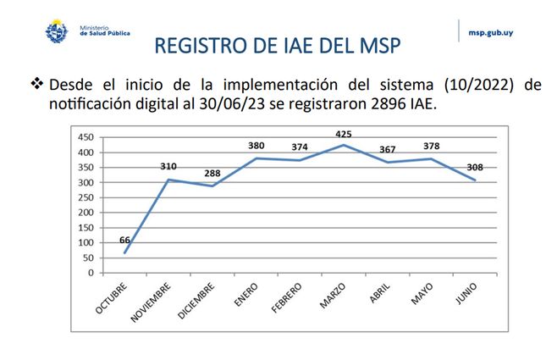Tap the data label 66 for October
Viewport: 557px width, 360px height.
tap(124, 241)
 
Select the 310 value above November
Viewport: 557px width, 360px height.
tap(169, 167)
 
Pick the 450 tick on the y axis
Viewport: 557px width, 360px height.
tap(84, 137)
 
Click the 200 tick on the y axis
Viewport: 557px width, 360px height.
tap(84, 213)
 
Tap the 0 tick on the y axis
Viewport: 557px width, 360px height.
tap(89, 273)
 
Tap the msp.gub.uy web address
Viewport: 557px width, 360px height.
tap(490, 34)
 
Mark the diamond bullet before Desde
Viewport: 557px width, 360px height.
tap(36, 85)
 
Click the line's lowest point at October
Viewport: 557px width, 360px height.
tap(124, 252)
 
